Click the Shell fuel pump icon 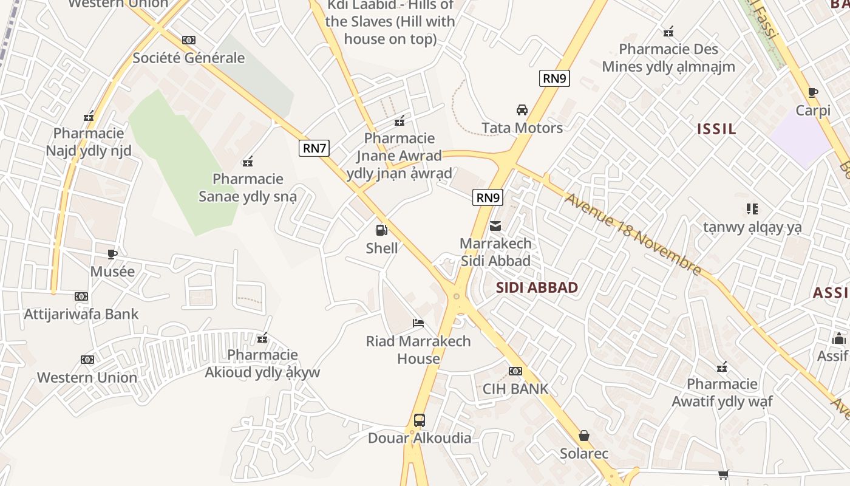(x=382, y=230)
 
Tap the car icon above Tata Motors (x=522, y=110)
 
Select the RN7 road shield (x=314, y=148)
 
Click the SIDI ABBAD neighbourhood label (x=537, y=287)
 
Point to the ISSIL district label (x=716, y=129)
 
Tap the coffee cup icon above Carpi (x=813, y=93)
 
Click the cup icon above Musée (x=112, y=253)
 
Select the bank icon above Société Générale (x=189, y=40)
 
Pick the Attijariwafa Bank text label (x=81, y=314)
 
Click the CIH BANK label (x=515, y=389)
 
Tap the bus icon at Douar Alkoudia (x=419, y=420)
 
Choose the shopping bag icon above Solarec (x=584, y=436)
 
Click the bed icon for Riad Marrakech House (x=418, y=323)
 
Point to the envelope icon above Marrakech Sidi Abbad (x=495, y=226)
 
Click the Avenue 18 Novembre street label (x=633, y=234)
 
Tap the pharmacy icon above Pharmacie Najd (x=89, y=116)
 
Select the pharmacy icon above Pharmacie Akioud (x=262, y=338)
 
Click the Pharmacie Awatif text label (x=722, y=392)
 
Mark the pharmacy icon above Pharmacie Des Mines (x=668, y=32)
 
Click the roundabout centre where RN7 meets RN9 (x=457, y=296)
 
